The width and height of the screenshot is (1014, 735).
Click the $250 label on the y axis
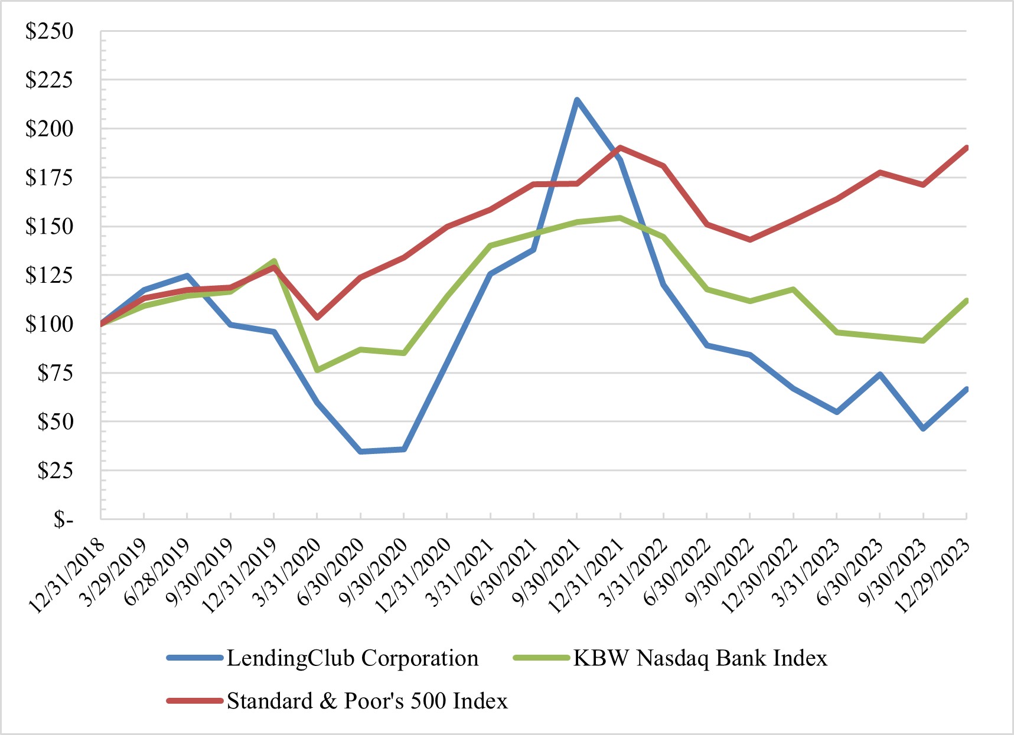pos(49,31)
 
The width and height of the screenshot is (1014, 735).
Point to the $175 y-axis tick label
pos(49,177)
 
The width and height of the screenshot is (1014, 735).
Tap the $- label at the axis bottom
pos(63,520)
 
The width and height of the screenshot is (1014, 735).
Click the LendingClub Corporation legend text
pos(352,658)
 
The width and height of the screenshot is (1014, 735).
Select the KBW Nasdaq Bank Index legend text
pos(700,658)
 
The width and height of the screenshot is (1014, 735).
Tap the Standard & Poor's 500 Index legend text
pos(367,701)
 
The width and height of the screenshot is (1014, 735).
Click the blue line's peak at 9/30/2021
pos(577,99)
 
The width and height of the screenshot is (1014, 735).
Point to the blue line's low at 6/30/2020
pos(361,452)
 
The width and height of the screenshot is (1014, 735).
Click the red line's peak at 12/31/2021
pos(620,147)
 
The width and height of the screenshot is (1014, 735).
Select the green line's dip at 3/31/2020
pos(318,370)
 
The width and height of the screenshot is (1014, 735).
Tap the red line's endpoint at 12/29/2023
pos(966,148)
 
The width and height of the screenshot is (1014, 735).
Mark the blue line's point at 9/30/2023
pos(923,429)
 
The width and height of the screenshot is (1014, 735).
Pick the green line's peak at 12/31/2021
pos(620,218)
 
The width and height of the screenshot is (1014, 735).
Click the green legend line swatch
pos(541,658)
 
